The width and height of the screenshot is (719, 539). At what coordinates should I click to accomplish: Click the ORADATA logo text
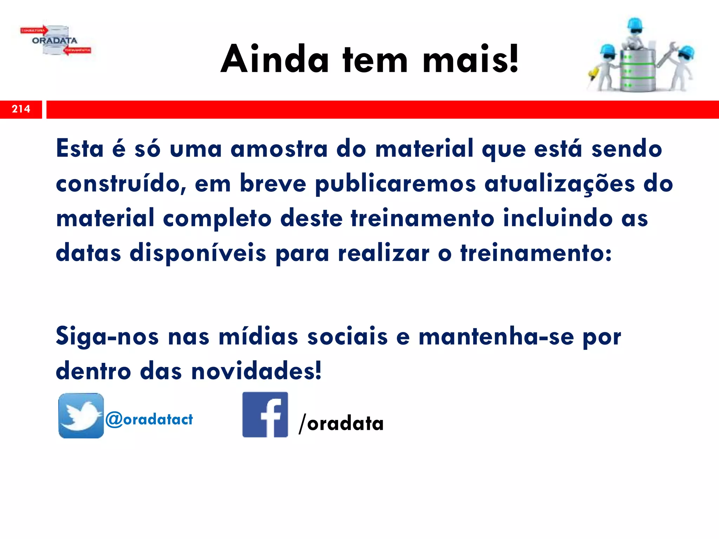click(54, 40)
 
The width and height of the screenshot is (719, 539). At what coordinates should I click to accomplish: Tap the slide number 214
click(21, 109)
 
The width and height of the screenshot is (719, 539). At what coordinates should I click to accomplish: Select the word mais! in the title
click(470, 59)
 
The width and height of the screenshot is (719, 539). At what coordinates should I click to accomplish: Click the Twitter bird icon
click(81, 415)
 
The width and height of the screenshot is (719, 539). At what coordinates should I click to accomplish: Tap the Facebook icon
click(265, 414)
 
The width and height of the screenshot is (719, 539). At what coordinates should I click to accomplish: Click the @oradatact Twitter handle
click(149, 419)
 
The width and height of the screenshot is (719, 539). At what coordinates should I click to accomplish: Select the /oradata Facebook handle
click(341, 423)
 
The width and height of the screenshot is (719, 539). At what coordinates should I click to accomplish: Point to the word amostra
click(279, 149)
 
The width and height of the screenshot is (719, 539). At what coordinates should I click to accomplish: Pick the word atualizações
click(560, 184)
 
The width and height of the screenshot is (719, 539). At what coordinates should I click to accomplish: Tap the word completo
click(217, 218)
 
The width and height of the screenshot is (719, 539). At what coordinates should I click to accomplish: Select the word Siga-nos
click(107, 336)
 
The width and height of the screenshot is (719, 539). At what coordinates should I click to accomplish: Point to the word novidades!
click(256, 371)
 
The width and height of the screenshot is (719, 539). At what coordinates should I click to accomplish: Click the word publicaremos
click(395, 184)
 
